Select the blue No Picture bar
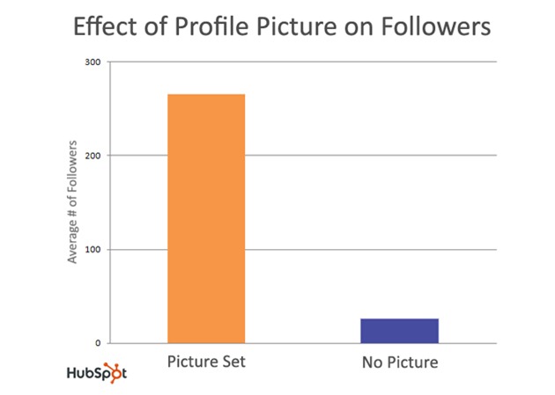point(400,331)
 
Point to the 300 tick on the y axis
point(92,62)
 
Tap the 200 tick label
point(92,156)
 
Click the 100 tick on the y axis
point(92,250)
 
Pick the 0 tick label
point(97,343)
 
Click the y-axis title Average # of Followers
point(74,201)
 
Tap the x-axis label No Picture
point(399,362)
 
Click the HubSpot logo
point(97,372)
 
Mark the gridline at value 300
point(300,62)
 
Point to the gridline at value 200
point(300,156)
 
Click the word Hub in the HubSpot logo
point(80,373)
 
